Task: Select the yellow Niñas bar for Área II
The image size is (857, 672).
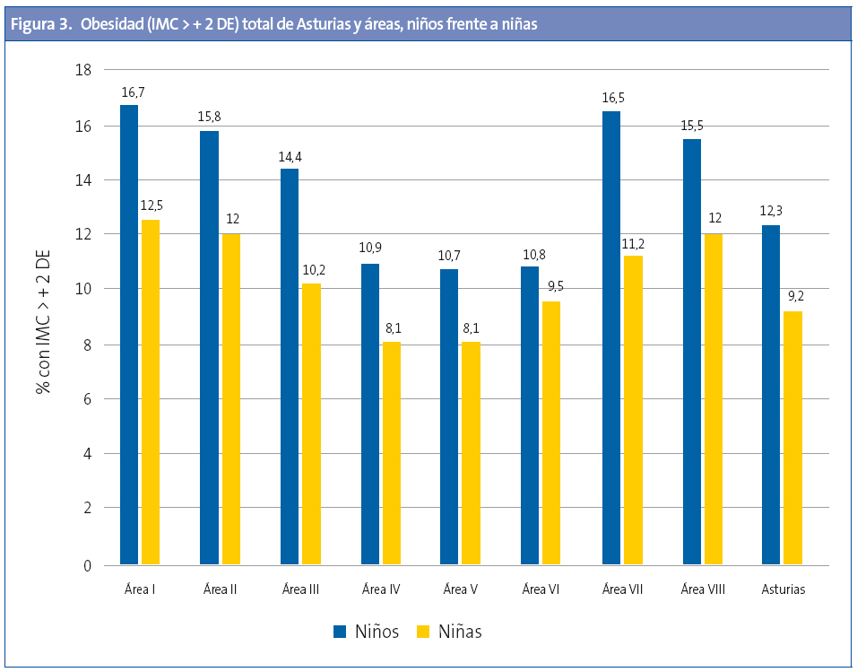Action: pyautogui.click(x=231, y=399)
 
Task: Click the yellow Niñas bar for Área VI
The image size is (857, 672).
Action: pyautogui.click(x=551, y=433)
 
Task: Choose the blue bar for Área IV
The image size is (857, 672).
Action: pyautogui.click(x=369, y=415)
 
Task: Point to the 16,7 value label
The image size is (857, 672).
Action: pyautogui.click(x=132, y=92)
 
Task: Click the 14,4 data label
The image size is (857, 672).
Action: pyautogui.click(x=290, y=157)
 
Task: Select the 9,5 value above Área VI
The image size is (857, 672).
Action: pyautogui.click(x=554, y=287)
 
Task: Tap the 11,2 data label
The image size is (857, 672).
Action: pyautogui.click(x=634, y=242)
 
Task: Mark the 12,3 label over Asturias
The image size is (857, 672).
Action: pyautogui.click(x=772, y=212)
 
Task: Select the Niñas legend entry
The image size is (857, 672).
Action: pyautogui.click(x=449, y=632)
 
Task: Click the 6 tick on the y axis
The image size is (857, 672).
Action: pyautogui.click(x=87, y=399)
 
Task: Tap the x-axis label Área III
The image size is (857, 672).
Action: pyautogui.click(x=300, y=589)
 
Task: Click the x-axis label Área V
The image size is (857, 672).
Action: pyautogui.click(x=461, y=589)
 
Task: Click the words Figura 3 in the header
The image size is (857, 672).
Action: pyautogui.click(x=41, y=24)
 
